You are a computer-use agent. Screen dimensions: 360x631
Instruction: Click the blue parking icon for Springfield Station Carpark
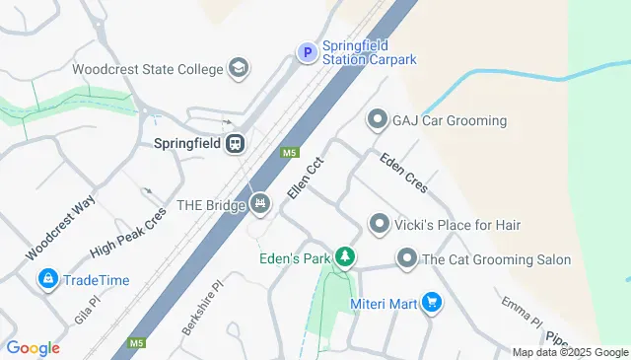click(307, 52)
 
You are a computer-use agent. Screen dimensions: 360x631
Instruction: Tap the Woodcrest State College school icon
click(238, 69)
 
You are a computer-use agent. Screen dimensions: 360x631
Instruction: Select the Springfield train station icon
click(236, 144)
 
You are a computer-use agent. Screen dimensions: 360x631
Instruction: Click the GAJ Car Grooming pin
click(376, 120)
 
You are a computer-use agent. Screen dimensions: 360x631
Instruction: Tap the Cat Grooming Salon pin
click(406, 259)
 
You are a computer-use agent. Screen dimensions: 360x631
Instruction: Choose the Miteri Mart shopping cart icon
click(430, 303)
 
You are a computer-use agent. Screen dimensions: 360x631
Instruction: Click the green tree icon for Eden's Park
click(344, 259)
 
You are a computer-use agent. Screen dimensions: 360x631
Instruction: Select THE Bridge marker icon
click(259, 204)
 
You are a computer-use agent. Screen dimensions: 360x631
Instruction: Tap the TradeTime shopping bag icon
click(46, 280)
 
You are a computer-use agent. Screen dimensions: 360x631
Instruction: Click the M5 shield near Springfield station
click(290, 153)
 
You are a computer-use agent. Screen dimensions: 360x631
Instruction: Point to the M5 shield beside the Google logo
click(136, 344)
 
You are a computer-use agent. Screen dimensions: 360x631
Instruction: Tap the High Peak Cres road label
click(128, 238)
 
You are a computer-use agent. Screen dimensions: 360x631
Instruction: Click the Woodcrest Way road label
click(60, 229)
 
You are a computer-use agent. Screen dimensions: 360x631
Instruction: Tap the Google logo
click(33, 348)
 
